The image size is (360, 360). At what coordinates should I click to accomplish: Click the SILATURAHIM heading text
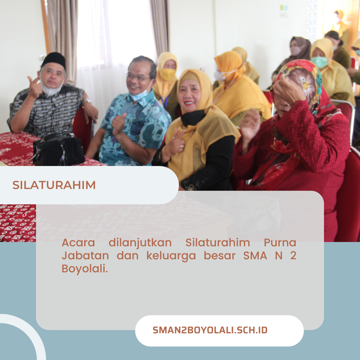54,185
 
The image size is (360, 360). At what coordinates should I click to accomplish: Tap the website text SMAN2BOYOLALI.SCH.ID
210,330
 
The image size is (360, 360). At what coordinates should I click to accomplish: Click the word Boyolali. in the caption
85,269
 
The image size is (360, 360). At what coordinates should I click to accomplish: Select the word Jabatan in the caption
85,256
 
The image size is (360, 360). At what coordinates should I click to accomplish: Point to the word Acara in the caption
78,243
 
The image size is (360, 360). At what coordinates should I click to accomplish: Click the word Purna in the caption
280,243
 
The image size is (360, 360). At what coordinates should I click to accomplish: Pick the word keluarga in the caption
171,256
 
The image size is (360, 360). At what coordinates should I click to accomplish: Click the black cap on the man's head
54,60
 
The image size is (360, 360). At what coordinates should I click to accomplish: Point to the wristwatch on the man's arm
87,101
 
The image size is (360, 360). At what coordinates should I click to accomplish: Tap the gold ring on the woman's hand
181,146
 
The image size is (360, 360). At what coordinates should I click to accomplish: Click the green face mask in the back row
319,62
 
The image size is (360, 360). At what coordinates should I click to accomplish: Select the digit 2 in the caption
293,256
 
